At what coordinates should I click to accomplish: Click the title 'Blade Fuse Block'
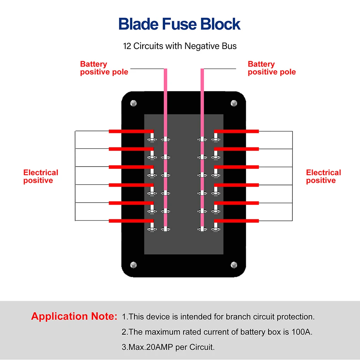pos(179,24)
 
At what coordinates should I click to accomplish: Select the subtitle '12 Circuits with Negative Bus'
pos(180,46)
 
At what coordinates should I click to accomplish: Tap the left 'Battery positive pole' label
pos(104,68)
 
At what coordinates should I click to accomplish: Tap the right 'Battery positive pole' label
pos(271,68)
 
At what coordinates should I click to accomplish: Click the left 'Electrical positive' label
pos(41,176)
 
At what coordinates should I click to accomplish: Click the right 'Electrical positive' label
pos(323,176)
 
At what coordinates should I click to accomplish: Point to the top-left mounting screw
pos(133,103)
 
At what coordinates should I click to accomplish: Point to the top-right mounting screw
pos(234,103)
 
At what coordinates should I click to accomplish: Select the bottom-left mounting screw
pos(133,265)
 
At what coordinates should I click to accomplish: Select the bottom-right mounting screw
pos(234,265)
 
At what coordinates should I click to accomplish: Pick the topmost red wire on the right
pos(236,131)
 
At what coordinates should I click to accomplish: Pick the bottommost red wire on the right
pos(236,221)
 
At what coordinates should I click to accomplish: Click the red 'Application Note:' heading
pos(74,316)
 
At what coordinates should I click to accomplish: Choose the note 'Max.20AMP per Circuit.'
pos(168,347)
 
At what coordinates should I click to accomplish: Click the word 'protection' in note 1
pos(295,317)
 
